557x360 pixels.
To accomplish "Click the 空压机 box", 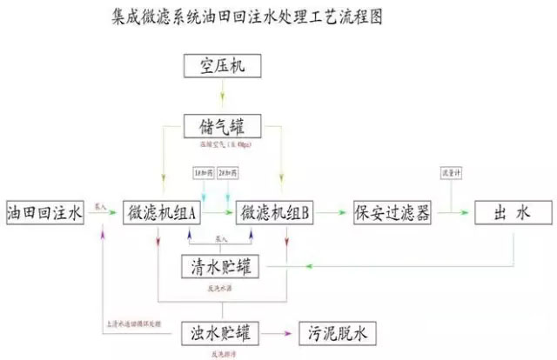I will coord(222,65).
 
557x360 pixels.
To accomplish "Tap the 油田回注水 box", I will coord(44,213).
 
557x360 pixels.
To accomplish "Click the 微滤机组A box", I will coord(163,213).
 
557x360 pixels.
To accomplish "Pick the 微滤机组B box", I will coord(276,213).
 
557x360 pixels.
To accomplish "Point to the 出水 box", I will coord(513,213).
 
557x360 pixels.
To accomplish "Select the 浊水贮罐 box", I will coord(222,333).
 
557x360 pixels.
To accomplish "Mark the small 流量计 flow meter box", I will coord(451,172).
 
